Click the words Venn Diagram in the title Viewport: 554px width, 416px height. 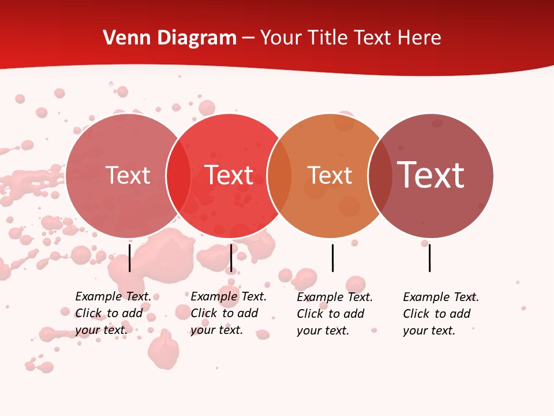coord(170,38)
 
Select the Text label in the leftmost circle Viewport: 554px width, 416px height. coord(128,175)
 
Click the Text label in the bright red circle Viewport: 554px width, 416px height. coord(229,175)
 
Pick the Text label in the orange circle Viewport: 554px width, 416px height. coord(330,175)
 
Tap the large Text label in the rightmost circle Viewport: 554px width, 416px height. coord(431,174)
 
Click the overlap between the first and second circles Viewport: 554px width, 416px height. coord(178,175)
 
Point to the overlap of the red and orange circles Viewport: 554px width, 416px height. coord(279,175)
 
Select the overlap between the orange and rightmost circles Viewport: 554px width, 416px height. coord(380,175)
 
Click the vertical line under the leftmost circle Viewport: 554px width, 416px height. coord(130,258)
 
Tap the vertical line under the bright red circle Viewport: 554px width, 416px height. coord(231,258)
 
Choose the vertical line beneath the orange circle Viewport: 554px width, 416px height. coord(332,258)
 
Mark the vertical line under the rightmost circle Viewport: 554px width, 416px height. coord(429,258)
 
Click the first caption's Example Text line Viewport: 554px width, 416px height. coord(113,296)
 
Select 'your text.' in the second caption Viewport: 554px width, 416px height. coord(216,330)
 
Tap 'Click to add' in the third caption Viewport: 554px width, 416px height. coord(331,314)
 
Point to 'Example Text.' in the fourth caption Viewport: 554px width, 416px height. coord(441,297)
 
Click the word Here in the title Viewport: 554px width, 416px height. coord(420,38)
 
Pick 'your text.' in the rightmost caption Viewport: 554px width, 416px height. coord(429,330)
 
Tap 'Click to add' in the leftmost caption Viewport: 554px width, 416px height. coord(109,313)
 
